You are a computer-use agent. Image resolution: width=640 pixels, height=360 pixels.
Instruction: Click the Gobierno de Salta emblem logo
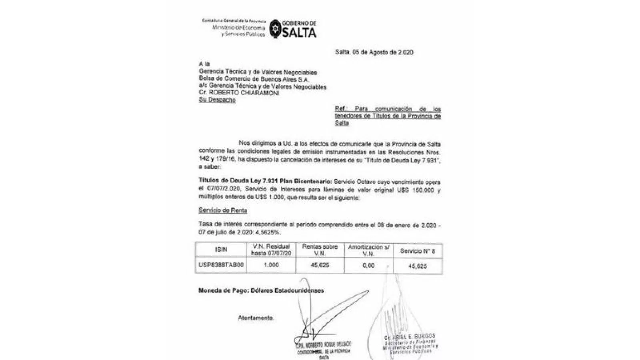[x=274, y=29]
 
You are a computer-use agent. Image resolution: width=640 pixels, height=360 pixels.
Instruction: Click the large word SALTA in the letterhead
[x=299, y=33]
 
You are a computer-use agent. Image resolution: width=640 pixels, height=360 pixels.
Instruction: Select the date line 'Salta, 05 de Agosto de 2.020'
[x=374, y=52]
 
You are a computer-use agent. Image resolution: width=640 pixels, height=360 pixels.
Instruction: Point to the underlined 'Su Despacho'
[x=217, y=100]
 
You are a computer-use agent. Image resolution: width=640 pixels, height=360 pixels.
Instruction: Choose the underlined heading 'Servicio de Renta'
[x=223, y=210]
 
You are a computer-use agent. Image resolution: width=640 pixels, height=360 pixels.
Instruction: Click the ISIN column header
[x=221, y=250]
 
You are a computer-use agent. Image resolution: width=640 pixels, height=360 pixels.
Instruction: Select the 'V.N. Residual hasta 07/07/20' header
[x=271, y=250]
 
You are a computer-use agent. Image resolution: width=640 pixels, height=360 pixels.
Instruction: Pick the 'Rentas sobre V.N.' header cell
[x=320, y=250]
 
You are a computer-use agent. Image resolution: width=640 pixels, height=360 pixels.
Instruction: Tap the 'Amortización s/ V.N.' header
[x=368, y=250]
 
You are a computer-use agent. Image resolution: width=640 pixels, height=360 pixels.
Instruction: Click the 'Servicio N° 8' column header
[x=417, y=251]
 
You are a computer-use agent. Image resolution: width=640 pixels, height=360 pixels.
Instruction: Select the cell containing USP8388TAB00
[x=221, y=265]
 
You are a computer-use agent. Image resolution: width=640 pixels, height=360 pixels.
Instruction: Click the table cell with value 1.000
[x=271, y=265]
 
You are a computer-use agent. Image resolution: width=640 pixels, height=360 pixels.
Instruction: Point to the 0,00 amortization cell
[x=368, y=266]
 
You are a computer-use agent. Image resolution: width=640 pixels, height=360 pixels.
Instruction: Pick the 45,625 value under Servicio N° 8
[x=417, y=266]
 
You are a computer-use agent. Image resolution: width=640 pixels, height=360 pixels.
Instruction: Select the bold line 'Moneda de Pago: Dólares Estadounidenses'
[x=261, y=290]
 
